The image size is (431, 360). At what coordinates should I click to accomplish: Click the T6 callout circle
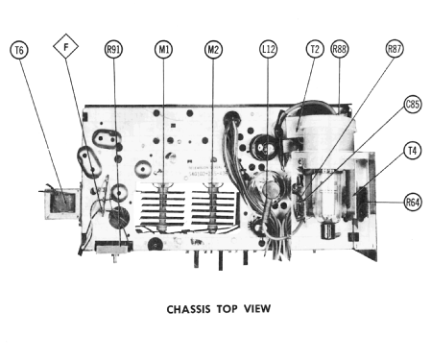[19, 50]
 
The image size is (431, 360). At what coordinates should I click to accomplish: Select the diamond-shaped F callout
[66, 46]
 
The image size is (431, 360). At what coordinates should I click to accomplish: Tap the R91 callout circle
[113, 50]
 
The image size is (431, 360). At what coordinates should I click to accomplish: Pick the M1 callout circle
[163, 50]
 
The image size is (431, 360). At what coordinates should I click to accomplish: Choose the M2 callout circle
[213, 50]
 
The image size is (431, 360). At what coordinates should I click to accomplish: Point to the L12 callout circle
[268, 49]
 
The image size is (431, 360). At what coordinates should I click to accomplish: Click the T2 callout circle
[315, 49]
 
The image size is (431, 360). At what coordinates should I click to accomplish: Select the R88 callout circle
[339, 49]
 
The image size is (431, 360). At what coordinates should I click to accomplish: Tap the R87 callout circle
[395, 49]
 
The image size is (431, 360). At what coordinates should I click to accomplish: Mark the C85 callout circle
[413, 104]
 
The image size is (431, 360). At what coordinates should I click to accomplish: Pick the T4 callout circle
[413, 150]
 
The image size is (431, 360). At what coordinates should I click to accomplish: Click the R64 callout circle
[413, 202]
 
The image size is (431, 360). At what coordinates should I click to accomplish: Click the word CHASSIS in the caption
[188, 309]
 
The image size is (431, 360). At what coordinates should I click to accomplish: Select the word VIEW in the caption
[257, 309]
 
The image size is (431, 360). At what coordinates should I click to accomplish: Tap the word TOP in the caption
[227, 309]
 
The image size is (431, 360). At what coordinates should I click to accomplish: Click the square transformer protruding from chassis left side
[62, 204]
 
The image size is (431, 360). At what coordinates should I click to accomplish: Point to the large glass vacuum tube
[329, 195]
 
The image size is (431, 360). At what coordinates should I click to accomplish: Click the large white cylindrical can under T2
[327, 137]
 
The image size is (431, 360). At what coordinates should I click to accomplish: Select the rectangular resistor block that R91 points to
[114, 248]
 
